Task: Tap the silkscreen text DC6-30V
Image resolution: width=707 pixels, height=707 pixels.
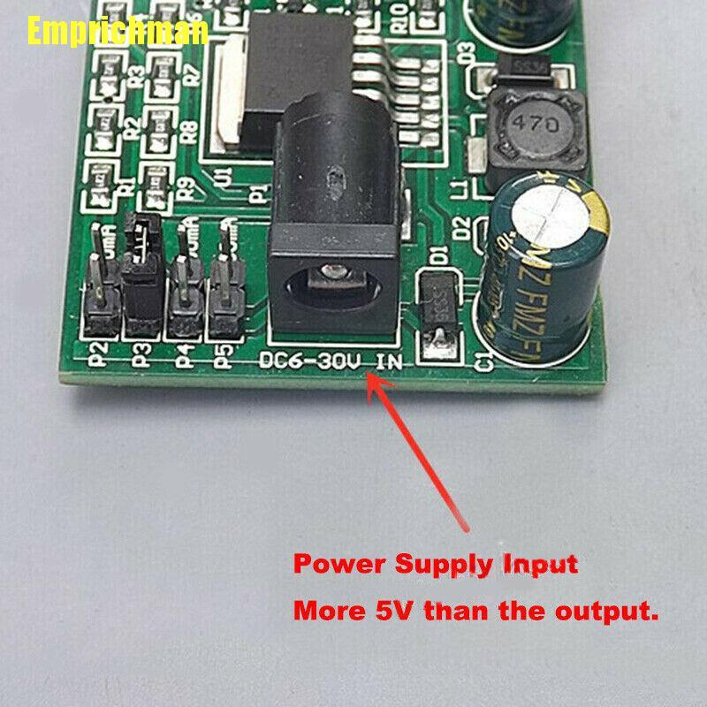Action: click(x=308, y=361)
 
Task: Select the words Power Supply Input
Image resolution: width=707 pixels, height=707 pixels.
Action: click(x=436, y=564)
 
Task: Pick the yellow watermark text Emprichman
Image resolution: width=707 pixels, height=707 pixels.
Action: click(x=117, y=32)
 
